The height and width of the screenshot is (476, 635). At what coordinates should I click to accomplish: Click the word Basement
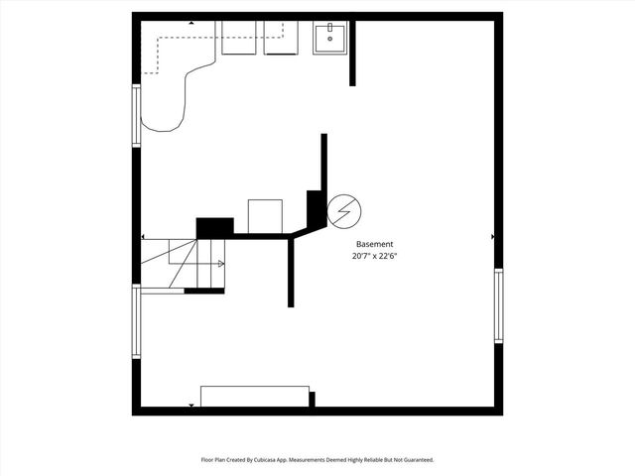(375, 244)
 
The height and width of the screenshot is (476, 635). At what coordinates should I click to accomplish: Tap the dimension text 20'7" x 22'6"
(375, 256)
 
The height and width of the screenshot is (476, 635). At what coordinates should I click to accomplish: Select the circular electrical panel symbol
(344, 210)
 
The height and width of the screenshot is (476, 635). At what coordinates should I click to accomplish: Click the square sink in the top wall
(329, 38)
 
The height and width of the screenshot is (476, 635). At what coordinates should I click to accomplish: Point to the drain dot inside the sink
(329, 39)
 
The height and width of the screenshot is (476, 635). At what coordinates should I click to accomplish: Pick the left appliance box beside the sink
(238, 38)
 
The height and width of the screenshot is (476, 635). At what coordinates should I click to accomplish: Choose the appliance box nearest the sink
(282, 38)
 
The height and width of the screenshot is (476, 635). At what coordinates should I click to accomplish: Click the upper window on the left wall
(137, 116)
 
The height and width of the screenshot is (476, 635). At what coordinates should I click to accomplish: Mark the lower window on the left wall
(137, 321)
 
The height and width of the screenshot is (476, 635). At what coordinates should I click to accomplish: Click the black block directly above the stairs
(214, 228)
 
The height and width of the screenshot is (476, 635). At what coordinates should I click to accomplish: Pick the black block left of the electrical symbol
(315, 208)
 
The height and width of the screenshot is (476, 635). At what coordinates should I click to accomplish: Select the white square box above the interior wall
(265, 216)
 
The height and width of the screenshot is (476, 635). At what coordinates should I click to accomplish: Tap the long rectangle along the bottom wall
(255, 397)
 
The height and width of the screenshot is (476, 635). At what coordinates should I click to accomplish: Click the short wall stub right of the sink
(352, 53)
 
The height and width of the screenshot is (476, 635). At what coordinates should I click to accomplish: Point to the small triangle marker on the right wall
(493, 237)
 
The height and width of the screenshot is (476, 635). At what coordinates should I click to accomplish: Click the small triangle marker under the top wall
(191, 22)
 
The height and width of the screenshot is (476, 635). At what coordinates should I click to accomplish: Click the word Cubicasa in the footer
(263, 460)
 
